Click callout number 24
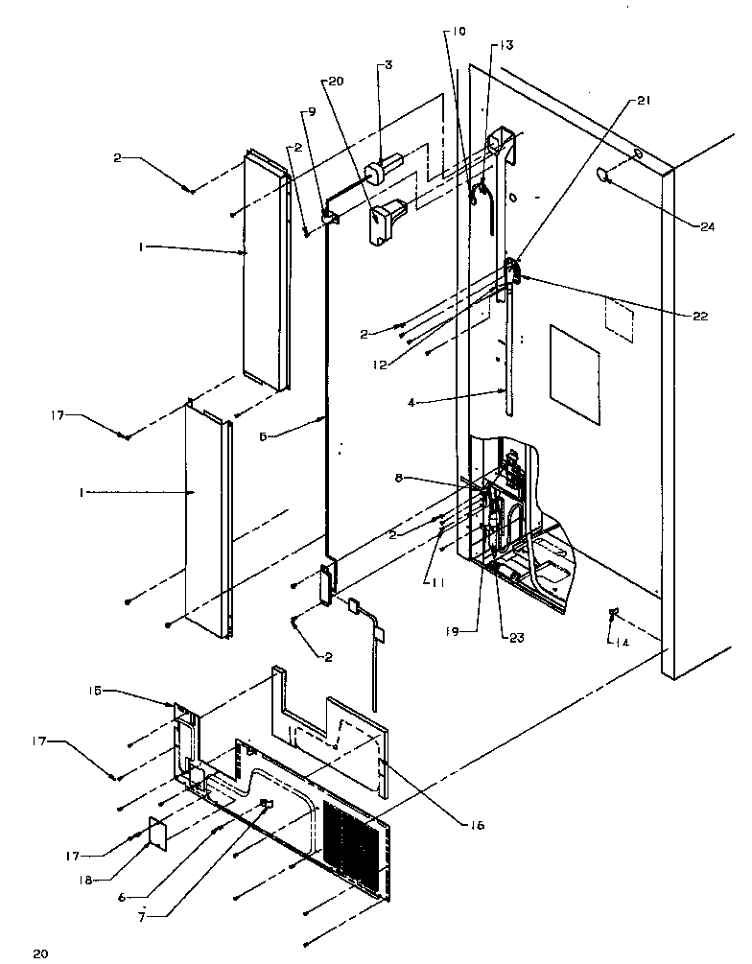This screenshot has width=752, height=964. [709, 226]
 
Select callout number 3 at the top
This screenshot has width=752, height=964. [388, 66]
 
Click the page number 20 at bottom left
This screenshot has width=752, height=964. [39, 952]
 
